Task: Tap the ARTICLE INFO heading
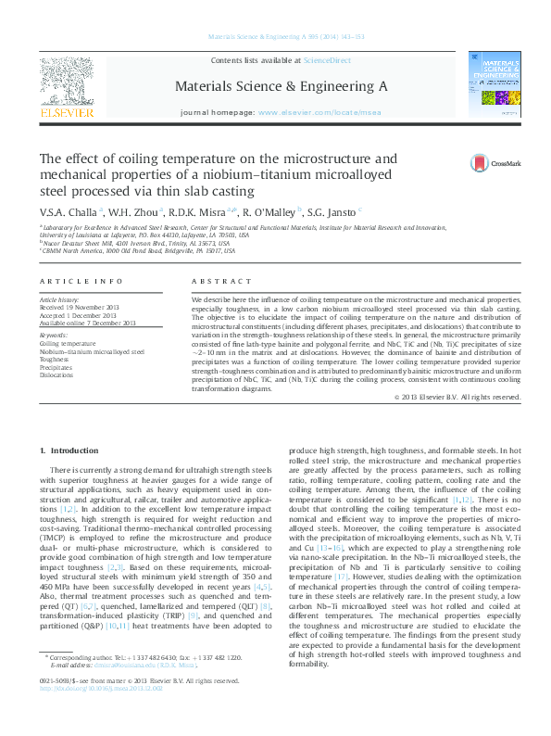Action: [81, 281]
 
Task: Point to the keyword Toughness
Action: [56, 359]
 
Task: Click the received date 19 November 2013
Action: [92, 308]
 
